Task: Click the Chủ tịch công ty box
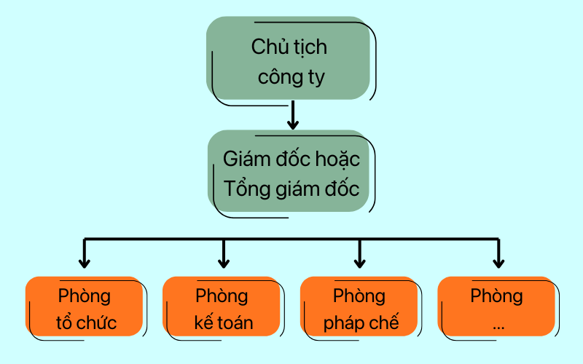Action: [289, 58]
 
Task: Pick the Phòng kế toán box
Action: [222, 306]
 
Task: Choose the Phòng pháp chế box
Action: [359, 306]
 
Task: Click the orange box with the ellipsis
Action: [496, 306]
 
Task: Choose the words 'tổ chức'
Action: [86, 322]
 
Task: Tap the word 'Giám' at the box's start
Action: [246, 159]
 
